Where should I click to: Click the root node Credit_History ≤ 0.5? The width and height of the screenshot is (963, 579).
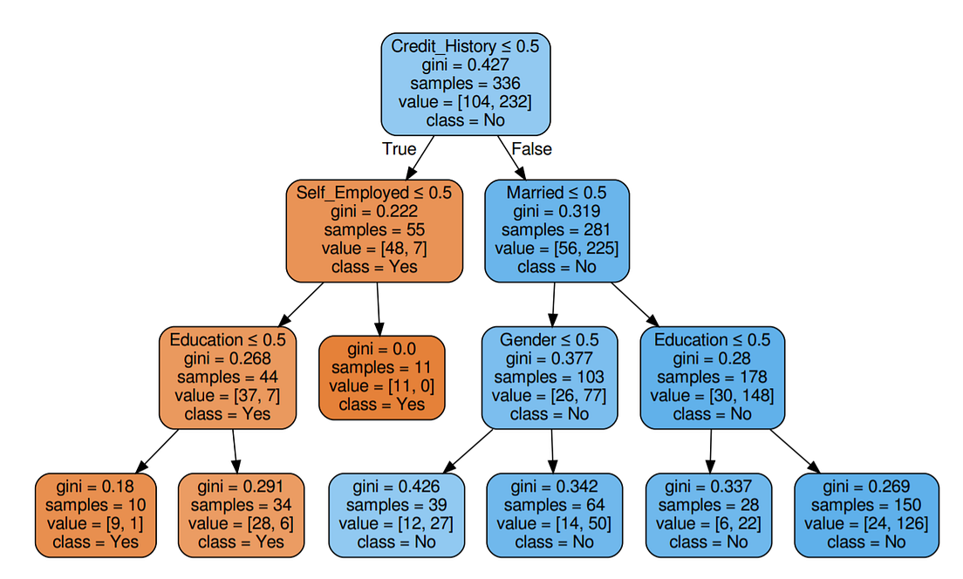pos(466,84)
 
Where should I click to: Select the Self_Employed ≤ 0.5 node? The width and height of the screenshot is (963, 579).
pos(374,230)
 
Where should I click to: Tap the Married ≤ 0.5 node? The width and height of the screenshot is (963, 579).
pos(557,230)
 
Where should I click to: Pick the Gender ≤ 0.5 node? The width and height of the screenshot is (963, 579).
pos(550,377)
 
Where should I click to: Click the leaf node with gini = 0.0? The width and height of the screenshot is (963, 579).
pos(382,377)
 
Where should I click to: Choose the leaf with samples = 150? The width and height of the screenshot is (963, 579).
pos(866,514)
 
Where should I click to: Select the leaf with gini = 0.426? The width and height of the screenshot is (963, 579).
pos(397,514)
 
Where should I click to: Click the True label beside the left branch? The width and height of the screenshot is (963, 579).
pos(399,149)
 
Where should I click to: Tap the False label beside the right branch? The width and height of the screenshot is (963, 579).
pos(531,149)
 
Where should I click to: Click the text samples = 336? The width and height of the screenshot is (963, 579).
pos(466,84)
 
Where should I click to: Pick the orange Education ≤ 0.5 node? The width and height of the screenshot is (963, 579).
pos(228,377)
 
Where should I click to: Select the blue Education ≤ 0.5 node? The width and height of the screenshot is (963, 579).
pos(713,377)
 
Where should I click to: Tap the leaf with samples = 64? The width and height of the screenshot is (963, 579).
pos(554,514)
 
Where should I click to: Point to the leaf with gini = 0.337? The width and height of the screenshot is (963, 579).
pos(707,514)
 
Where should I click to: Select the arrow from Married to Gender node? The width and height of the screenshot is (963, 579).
pos(553,304)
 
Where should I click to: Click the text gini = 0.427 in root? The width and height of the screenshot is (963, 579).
pos(466,65)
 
